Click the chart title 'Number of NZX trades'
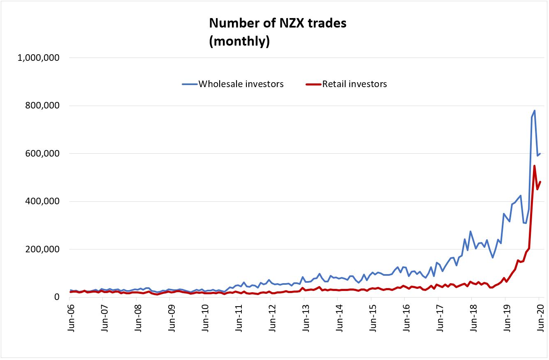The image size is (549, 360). [278, 23]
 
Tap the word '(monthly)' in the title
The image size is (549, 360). [239, 42]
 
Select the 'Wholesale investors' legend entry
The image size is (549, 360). [241, 84]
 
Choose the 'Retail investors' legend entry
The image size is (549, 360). [354, 84]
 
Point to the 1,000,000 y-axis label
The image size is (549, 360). [39, 58]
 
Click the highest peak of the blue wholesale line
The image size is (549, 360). [534, 111]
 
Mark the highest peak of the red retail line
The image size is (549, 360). [534, 166]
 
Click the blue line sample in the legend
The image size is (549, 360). [190, 84]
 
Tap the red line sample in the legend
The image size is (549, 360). [313, 84]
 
